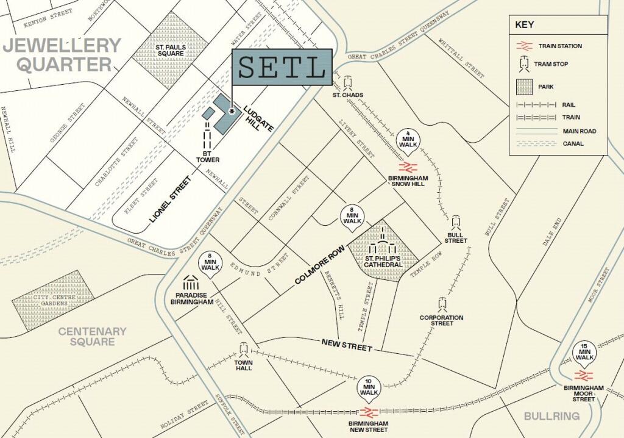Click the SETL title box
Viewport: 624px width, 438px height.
[x=282, y=66]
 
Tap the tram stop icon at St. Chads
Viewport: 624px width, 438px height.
[x=348, y=82]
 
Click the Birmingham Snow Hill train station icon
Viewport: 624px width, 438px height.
[x=407, y=167]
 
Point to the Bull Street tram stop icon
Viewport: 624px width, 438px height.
[x=456, y=222]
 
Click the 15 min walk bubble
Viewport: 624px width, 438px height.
[x=584, y=353]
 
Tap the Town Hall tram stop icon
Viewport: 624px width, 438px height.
[x=244, y=350]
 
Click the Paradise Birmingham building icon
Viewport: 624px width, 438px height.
[x=191, y=283]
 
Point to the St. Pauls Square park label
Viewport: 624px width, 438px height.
[x=170, y=49]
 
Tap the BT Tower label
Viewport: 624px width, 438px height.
[x=208, y=156]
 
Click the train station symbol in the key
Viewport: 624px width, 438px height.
[x=523, y=46]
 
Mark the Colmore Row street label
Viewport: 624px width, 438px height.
[x=319, y=266]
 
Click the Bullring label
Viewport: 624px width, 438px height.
[x=551, y=416]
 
